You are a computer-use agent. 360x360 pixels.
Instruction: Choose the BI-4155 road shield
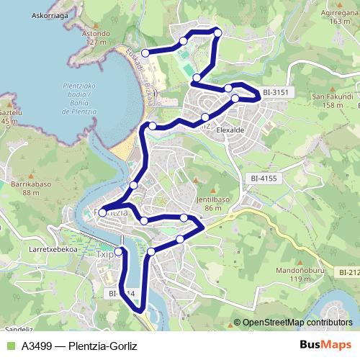[265, 177]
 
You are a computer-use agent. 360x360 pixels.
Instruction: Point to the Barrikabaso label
[40, 189]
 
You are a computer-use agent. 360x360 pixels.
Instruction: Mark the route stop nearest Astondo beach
[145, 53]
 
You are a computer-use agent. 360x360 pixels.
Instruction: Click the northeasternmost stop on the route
[218, 32]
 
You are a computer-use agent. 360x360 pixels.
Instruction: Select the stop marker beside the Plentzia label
[103, 212]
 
